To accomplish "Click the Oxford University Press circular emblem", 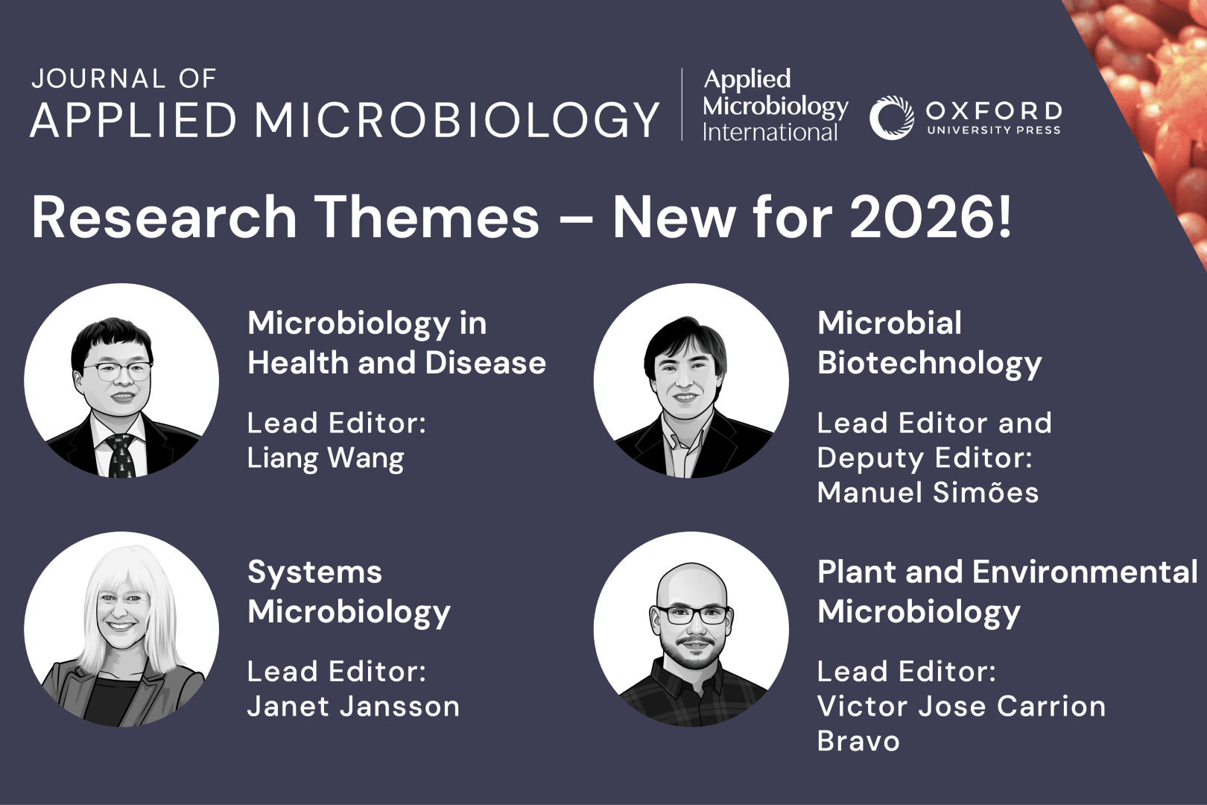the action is coord(891,118).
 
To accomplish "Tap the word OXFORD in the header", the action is coord(994,112).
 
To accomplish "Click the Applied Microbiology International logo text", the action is coord(776,106).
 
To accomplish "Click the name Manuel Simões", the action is coord(928,492).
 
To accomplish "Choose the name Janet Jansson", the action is coord(353,707).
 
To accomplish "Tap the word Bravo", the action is coord(858,741).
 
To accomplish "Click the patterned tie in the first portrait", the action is coord(121,456).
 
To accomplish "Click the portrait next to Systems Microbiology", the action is coord(121,629).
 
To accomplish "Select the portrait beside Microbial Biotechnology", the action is coord(691,381).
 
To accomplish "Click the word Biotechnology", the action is coord(930,364).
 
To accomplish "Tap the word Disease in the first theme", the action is coord(486,363).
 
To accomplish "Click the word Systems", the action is coord(314,572).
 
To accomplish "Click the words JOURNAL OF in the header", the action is coord(124,79).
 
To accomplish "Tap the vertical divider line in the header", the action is coord(682,104).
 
